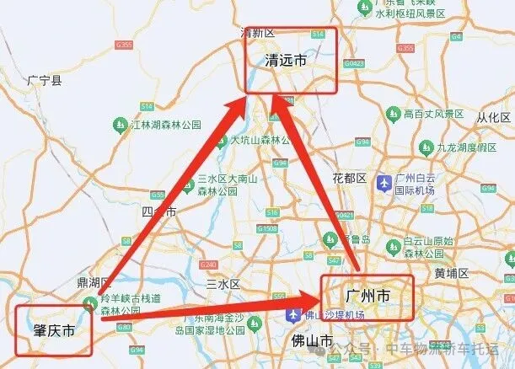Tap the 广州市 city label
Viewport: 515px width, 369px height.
[x=367, y=297]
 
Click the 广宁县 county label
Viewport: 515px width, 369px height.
[x=44, y=81]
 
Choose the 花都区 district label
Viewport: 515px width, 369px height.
[x=349, y=179]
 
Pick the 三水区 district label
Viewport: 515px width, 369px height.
[x=223, y=284]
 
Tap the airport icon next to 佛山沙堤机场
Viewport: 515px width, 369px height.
[x=293, y=315]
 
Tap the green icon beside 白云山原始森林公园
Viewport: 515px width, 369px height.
[x=392, y=246]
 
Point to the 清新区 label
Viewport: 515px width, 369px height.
[x=258, y=33]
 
